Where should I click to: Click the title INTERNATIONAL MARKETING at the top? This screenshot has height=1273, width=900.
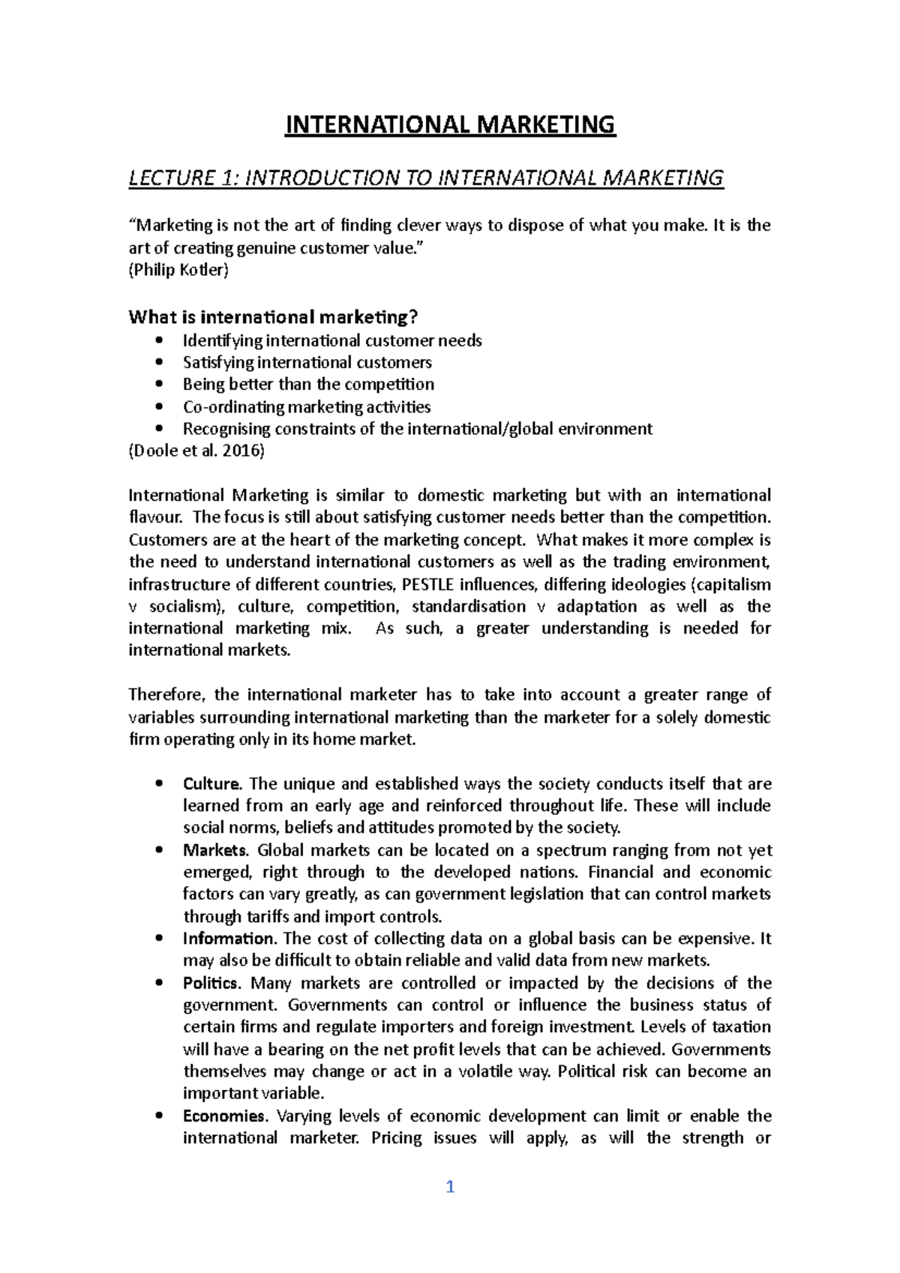450,124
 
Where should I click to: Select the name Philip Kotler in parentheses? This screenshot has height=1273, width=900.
178,270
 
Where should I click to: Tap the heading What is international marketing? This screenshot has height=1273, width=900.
272,317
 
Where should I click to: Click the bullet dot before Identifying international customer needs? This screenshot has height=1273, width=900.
157,340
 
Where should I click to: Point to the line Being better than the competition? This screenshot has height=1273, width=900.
308,385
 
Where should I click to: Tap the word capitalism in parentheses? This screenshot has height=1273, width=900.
735,584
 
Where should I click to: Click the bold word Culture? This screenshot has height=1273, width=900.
212,784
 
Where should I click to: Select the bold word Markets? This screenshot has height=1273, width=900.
214,850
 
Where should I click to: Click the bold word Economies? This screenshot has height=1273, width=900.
224,1116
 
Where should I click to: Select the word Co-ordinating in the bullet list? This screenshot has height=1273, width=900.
223,407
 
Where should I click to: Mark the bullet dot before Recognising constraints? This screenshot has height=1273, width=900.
157,429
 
